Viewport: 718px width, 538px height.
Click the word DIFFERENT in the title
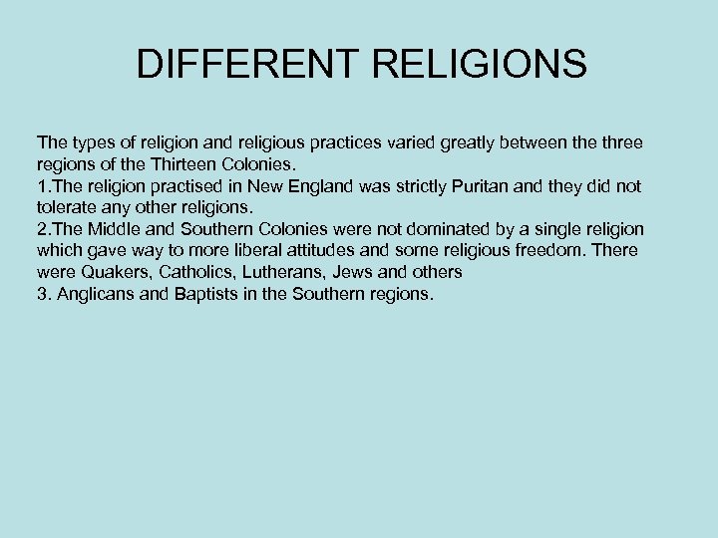tap(246, 65)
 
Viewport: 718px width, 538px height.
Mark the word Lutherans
tap(289, 272)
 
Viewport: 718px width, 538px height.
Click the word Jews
tap(356, 272)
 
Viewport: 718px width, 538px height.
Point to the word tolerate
tap(68, 207)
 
